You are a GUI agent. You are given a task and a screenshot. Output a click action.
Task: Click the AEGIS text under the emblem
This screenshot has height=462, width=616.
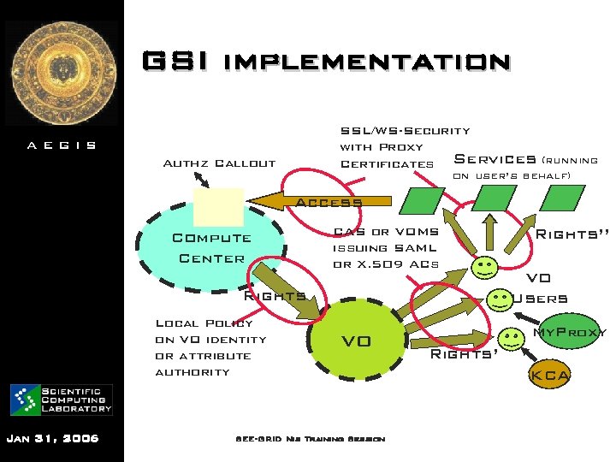(62, 145)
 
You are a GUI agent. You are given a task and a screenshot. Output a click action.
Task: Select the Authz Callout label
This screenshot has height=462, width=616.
(219, 163)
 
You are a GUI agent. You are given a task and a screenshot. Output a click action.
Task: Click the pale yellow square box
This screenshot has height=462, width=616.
(218, 206)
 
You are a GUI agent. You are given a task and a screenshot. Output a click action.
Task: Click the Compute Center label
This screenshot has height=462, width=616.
(211, 248)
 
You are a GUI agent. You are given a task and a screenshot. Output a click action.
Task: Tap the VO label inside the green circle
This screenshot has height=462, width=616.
(356, 341)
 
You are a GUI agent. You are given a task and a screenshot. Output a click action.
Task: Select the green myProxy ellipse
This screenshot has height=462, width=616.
(569, 332)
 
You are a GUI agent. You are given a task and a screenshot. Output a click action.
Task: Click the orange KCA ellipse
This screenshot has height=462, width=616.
(551, 375)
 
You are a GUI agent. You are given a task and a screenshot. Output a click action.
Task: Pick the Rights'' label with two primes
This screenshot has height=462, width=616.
(572, 234)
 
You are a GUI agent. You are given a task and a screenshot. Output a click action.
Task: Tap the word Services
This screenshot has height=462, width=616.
(494, 159)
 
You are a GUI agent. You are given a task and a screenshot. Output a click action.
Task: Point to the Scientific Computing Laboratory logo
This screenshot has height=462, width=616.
(62, 400)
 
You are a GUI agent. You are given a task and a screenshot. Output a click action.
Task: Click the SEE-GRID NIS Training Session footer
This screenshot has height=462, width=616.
(310, 439)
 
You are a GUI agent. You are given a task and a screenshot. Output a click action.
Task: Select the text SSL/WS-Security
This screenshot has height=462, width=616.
(405, 131)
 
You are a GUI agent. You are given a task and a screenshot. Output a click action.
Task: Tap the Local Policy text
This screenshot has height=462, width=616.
(204, 323)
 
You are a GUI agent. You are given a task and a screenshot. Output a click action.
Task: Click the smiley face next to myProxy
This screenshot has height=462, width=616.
(511, 339)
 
